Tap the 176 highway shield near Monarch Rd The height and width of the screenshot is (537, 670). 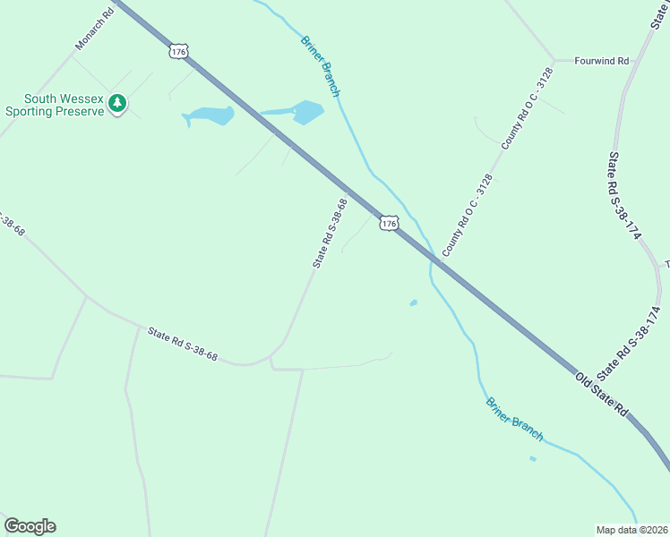tap(179, 52)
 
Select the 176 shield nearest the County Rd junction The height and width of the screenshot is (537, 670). tap(388, 223)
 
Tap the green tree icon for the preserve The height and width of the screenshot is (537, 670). tap(116, 105)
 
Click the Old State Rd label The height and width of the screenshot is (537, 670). tap(601, 394)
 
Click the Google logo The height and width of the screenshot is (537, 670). tap(30, 526)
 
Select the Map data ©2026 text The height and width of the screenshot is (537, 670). tap(631, 529)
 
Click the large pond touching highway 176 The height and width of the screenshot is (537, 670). tap(306, 112)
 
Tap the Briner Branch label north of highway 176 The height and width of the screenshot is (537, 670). tap(321, 65)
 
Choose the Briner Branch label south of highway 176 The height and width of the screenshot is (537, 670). tap(514, 417)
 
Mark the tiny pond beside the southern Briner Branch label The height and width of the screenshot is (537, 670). tap(533, 459)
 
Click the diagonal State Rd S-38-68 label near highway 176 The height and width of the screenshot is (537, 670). tap(329, 233)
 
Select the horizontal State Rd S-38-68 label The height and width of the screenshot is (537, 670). tap(183, 343)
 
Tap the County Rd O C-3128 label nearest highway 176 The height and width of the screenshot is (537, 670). tap(467, 215)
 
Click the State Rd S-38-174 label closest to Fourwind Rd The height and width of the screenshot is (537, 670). tap(623, 194)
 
